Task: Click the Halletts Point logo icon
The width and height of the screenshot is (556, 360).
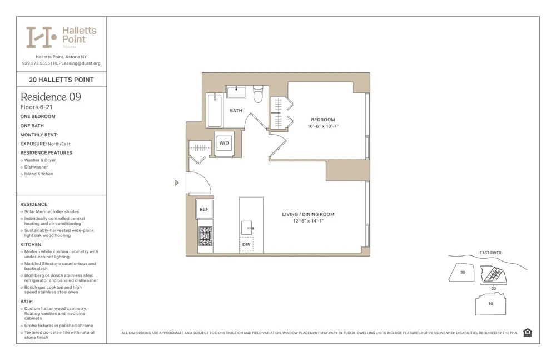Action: (x=41, y=37)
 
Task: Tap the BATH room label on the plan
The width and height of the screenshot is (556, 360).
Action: (x=236, y=111)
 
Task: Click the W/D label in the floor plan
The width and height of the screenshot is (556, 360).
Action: (x=224, y=143)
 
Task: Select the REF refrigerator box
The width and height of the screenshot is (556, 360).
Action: (x=204, y=209)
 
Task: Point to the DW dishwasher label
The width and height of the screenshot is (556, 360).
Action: (x=246, y=244)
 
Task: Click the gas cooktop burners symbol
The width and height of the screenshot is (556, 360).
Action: (x=205, y=236)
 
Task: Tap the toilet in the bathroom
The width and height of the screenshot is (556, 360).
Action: (x=257, y=95)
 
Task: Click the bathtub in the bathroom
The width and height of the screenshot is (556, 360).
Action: (x=214, y=110)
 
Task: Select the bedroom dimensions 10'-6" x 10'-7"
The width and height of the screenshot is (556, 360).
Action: (x=323, y=126)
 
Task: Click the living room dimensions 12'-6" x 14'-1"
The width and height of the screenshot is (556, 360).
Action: (x=308, y=221)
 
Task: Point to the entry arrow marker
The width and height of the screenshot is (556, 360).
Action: (x=177, y=183)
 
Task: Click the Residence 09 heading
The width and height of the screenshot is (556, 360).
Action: (x=51, y=97)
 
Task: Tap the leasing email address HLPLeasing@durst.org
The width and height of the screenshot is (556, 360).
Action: (x=77, y=63)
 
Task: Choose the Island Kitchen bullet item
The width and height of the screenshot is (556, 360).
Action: (x=39, y=174)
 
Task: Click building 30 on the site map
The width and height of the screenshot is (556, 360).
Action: (x=463, y=273)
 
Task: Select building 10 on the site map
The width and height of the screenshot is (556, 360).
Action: (x=490, y=304)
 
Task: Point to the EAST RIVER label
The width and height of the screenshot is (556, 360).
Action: (x=490, y=253)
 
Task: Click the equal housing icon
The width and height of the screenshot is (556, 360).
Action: (x=527, y=333)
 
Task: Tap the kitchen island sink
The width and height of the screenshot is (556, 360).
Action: (x=247, y=227)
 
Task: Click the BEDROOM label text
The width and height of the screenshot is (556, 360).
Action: (x=323, y=120)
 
